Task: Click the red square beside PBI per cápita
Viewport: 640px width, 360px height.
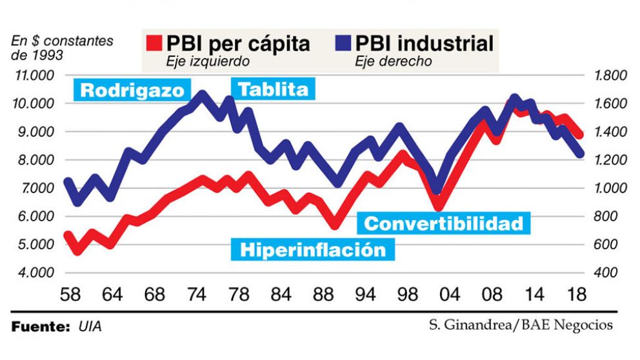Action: coord(153,43)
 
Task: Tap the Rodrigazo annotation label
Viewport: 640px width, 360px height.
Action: coord(132,90)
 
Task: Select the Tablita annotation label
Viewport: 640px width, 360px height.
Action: coord(274,89)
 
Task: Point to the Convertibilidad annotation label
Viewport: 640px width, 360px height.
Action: coord(444,223)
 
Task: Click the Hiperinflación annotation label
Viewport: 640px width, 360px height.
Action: coord(312,250)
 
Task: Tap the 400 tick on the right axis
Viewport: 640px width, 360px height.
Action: coord(606,273)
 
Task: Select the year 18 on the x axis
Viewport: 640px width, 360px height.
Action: coord(575,295)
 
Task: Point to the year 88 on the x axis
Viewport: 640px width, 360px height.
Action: coord(322,295)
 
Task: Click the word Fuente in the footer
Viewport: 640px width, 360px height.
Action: coord(40,327)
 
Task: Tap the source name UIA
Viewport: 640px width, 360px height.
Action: coord(91,327)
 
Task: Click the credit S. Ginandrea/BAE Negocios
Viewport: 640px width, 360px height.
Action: coord(520,325)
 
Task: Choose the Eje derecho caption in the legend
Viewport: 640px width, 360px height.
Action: coord(394,62)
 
